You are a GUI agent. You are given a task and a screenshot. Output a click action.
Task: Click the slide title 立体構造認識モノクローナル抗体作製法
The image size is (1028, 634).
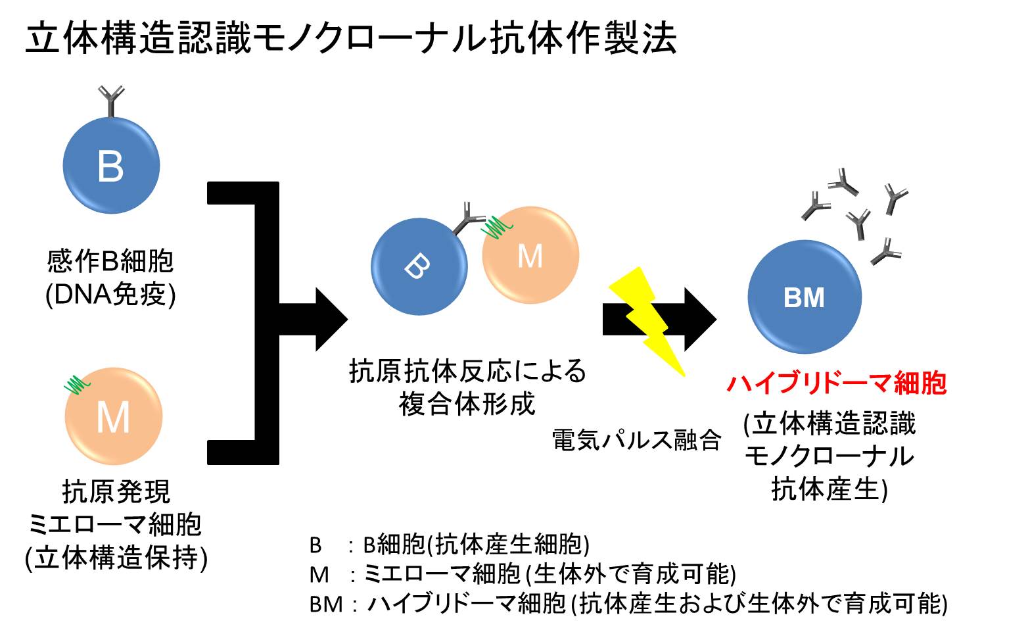click(351, 39)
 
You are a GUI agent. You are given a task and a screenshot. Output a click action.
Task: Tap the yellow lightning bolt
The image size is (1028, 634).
click(647, 322)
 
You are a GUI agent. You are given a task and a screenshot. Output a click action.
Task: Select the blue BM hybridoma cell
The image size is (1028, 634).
click(805, 297)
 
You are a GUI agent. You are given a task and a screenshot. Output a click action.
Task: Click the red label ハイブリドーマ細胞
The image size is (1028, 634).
click(837, 383)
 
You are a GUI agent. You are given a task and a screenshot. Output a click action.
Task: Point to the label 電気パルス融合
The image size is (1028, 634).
click(636, 440)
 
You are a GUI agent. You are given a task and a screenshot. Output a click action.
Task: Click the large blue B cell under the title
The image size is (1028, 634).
click(111, 165)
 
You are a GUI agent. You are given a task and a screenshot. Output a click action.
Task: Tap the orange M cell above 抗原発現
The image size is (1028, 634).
click(113, 416)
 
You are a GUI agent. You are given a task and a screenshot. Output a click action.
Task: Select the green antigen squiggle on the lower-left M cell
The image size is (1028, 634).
click(77, 385)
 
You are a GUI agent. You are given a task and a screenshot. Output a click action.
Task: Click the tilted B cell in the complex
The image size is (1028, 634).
click(419, 267)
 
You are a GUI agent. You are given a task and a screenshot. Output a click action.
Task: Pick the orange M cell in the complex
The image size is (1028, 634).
click(530, 255)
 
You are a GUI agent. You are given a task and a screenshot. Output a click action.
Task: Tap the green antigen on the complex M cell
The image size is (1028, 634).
click(496, 228)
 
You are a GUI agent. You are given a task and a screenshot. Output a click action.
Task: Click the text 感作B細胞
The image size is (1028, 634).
click(110, 262)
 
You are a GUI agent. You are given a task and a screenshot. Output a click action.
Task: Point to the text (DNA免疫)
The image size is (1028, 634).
click(110, 294)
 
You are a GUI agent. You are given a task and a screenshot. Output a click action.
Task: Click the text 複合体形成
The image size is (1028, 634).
click(467, 404)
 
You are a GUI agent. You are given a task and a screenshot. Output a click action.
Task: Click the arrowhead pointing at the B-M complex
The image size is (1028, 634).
click(331, 320)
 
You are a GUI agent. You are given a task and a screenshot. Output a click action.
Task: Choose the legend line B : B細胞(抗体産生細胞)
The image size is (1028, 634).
click(450, 545)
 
